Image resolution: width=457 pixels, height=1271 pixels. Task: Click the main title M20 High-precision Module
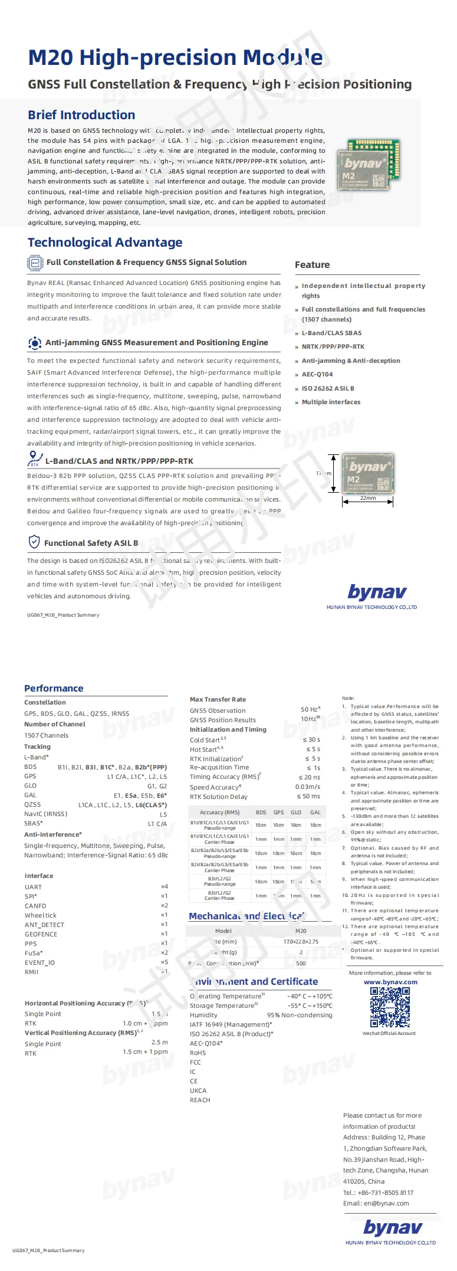175,57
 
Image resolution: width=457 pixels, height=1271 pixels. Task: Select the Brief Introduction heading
81,115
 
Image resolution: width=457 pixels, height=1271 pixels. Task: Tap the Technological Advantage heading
105,243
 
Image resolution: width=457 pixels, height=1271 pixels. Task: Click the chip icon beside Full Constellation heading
35,263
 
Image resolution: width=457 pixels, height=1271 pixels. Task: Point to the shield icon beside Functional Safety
34,542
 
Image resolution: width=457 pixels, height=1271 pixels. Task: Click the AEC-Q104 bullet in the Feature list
317,375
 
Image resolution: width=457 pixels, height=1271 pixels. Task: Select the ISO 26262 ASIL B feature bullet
328,389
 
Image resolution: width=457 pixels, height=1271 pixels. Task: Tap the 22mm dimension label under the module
367,498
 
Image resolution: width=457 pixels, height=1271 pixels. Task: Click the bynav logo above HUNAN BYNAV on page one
377,592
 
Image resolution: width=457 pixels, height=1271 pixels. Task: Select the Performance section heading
54,689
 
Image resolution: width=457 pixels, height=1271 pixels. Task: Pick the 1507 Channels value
46,736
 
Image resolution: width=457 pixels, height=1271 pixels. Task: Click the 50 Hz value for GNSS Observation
310,710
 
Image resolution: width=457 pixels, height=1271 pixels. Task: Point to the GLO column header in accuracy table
296,813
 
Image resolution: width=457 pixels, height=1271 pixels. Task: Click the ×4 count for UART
164,887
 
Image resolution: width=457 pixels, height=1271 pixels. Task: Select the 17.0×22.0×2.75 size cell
301,942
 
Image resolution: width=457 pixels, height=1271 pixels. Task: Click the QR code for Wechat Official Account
390,1007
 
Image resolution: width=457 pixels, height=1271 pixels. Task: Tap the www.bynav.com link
390,982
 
